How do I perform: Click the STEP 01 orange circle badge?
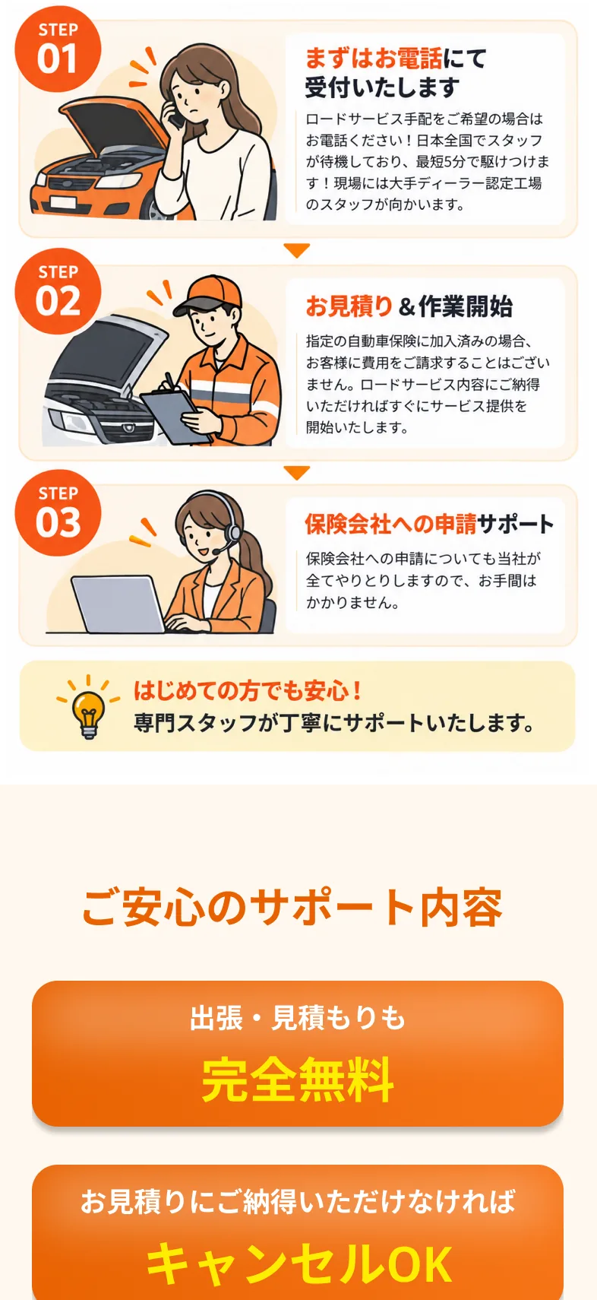coord(58,49)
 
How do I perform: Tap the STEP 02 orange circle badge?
coord(58,291)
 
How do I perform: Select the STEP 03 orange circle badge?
coord(58,513)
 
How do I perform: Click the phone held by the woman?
coord(175,113)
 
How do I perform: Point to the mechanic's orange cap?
coord(208,293)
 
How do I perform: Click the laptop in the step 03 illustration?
coord(118,604)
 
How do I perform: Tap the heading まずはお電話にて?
coord(395,58)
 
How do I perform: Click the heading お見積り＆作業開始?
coord(409,306)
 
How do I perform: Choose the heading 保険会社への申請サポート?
coord(429,524)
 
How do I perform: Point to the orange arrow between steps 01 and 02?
coord(297,250)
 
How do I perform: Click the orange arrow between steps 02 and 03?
coord(297,472)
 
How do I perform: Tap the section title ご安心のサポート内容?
coord(292,907)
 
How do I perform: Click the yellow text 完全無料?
coord(298,1080)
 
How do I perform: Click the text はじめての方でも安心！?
coord(248,690)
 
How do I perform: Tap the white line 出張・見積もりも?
coord(297,1018)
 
